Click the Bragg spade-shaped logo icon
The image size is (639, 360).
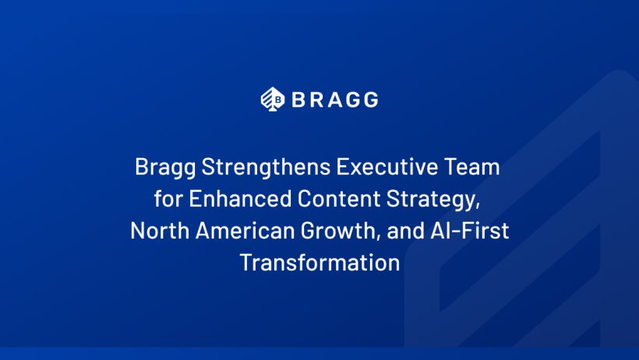(x=273, y=99)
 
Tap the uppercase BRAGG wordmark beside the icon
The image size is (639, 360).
(x=335, y=100)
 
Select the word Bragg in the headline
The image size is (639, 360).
(x=165, y=168)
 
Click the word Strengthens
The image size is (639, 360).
(x=266, y=168)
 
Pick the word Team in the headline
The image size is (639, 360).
(x=472, y=167)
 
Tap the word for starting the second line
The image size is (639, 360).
(x=168, y=199)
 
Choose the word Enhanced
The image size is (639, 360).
(x=240, y=199)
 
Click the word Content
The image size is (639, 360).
(x=339, y=199)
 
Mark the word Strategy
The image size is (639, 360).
(x=432, y=199)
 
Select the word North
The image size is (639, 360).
(x=160, y=231)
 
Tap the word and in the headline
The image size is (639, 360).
(x=405, y=231)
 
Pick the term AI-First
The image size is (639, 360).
(x=469, y=231)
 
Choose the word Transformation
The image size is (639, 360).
(x=320, y=263)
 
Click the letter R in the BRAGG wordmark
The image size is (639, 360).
(x=318, y=100)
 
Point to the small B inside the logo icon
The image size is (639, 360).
(x=278, y=100)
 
